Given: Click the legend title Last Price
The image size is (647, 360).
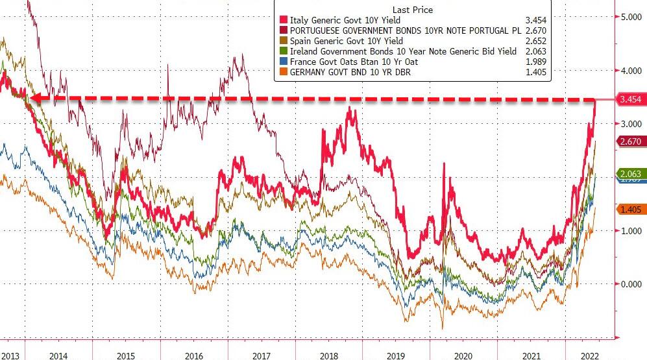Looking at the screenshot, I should click(x=412, y=10).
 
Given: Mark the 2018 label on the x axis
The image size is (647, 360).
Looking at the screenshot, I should click(x=328, y=355).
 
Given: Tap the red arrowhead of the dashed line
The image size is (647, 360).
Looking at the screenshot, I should click(x=35, y=99).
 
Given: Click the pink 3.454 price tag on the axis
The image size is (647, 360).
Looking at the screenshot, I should click(x=629, y=99).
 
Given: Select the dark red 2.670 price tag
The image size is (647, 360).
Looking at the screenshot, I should click(x=629, y=141).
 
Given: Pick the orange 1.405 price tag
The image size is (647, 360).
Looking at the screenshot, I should click(x=629, y=209).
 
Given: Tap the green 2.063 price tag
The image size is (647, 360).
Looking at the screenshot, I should click(x=629, y=174).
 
